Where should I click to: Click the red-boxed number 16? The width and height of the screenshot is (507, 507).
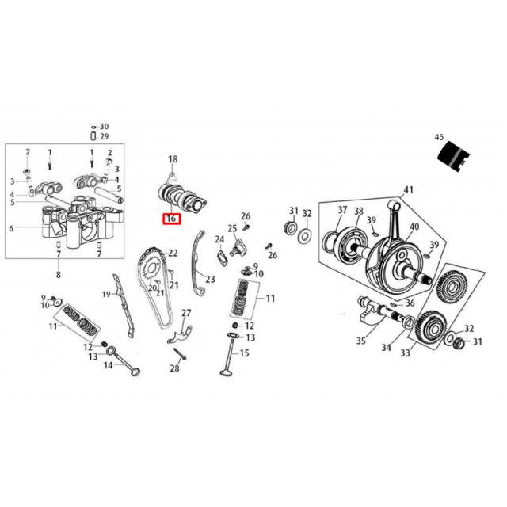pos(171,219)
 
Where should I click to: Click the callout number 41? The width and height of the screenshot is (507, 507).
pos(409,190)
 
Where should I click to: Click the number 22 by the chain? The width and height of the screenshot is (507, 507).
pos(173,253)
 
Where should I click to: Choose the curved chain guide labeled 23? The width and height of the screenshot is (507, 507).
pos(201,261)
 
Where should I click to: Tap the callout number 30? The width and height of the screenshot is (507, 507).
pos(105,127)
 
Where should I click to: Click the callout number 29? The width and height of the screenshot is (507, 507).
pos(105,136)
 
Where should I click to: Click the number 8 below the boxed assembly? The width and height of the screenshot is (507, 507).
pos(59,275)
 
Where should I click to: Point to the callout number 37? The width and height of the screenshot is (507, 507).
pos(343,210)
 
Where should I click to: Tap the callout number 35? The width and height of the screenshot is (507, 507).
pos(361,341)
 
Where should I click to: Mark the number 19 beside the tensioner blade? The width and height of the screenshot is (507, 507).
pos(106,295)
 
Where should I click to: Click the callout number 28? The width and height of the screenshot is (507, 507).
pos(175,368)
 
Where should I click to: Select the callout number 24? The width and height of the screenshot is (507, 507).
pos(219,239)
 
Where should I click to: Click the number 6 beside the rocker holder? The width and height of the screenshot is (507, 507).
pos(11,228)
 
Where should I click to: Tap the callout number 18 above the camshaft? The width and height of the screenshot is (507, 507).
pos(173,160)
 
